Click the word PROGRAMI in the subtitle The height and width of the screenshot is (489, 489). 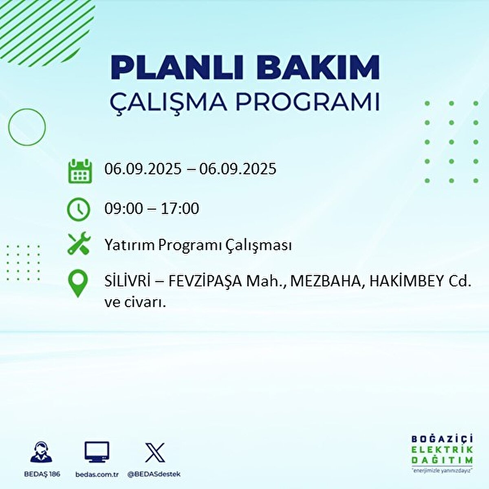[307, 102]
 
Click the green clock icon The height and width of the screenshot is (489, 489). [78, 209]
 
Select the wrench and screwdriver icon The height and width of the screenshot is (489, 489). [78, 243]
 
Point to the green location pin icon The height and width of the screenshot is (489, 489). [78, 284]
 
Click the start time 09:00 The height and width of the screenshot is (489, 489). [124, 209]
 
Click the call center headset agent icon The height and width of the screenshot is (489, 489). [41, 452]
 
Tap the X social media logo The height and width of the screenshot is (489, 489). [155, 452]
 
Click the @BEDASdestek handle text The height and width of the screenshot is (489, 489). [154, 474]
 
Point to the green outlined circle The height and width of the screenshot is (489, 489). [27, 127]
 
